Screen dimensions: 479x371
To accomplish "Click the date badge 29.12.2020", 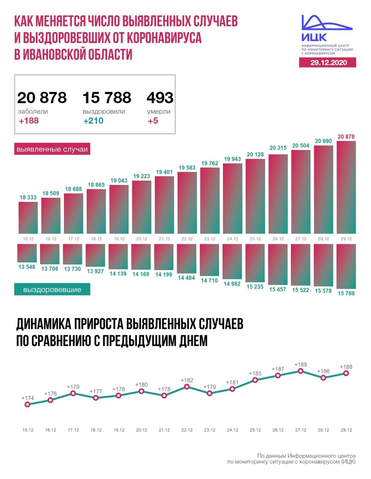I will pyautogui.click(x=328, y=62).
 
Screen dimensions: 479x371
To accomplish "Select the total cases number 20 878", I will pyautogui.click(x=42, y=98).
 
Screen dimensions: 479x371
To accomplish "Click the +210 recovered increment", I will pyautogui.click(x=93, y=121).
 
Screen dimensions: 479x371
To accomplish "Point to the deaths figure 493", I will pyautogui.click(x=160, y=98).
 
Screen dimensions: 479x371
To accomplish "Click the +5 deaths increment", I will pyautogui.click(x=153, y=121).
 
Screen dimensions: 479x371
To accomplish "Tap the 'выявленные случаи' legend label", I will pyautogui.click(x=52, y=149).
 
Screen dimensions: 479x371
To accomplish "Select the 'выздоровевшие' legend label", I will pyautogui.click(x=52, y=290).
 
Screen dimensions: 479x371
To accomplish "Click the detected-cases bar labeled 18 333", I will pyautogui.click(x=28, y=218).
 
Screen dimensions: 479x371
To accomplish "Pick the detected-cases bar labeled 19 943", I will pyautogui.click(x=232, y=198).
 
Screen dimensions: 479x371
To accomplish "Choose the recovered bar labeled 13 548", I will pyautogui.click(x=27, y=253).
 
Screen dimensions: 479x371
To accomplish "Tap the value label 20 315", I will pyautogui.click(x=278, y=148).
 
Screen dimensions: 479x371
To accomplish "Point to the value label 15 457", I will pyautogui.click(x=278, y=289).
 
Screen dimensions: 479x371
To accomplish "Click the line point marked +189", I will pyautogui.click(x=301, y=371).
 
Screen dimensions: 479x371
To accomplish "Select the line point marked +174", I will pyautogui.click(x=27, y=404).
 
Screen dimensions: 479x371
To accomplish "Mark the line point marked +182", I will pyautogui.click(x=187, y=387).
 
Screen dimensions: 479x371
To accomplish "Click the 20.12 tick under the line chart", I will pyautogui.click(x=141, y=430).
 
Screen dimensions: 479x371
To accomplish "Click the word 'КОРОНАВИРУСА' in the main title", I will pyautogui.click(x=164, y=38).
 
